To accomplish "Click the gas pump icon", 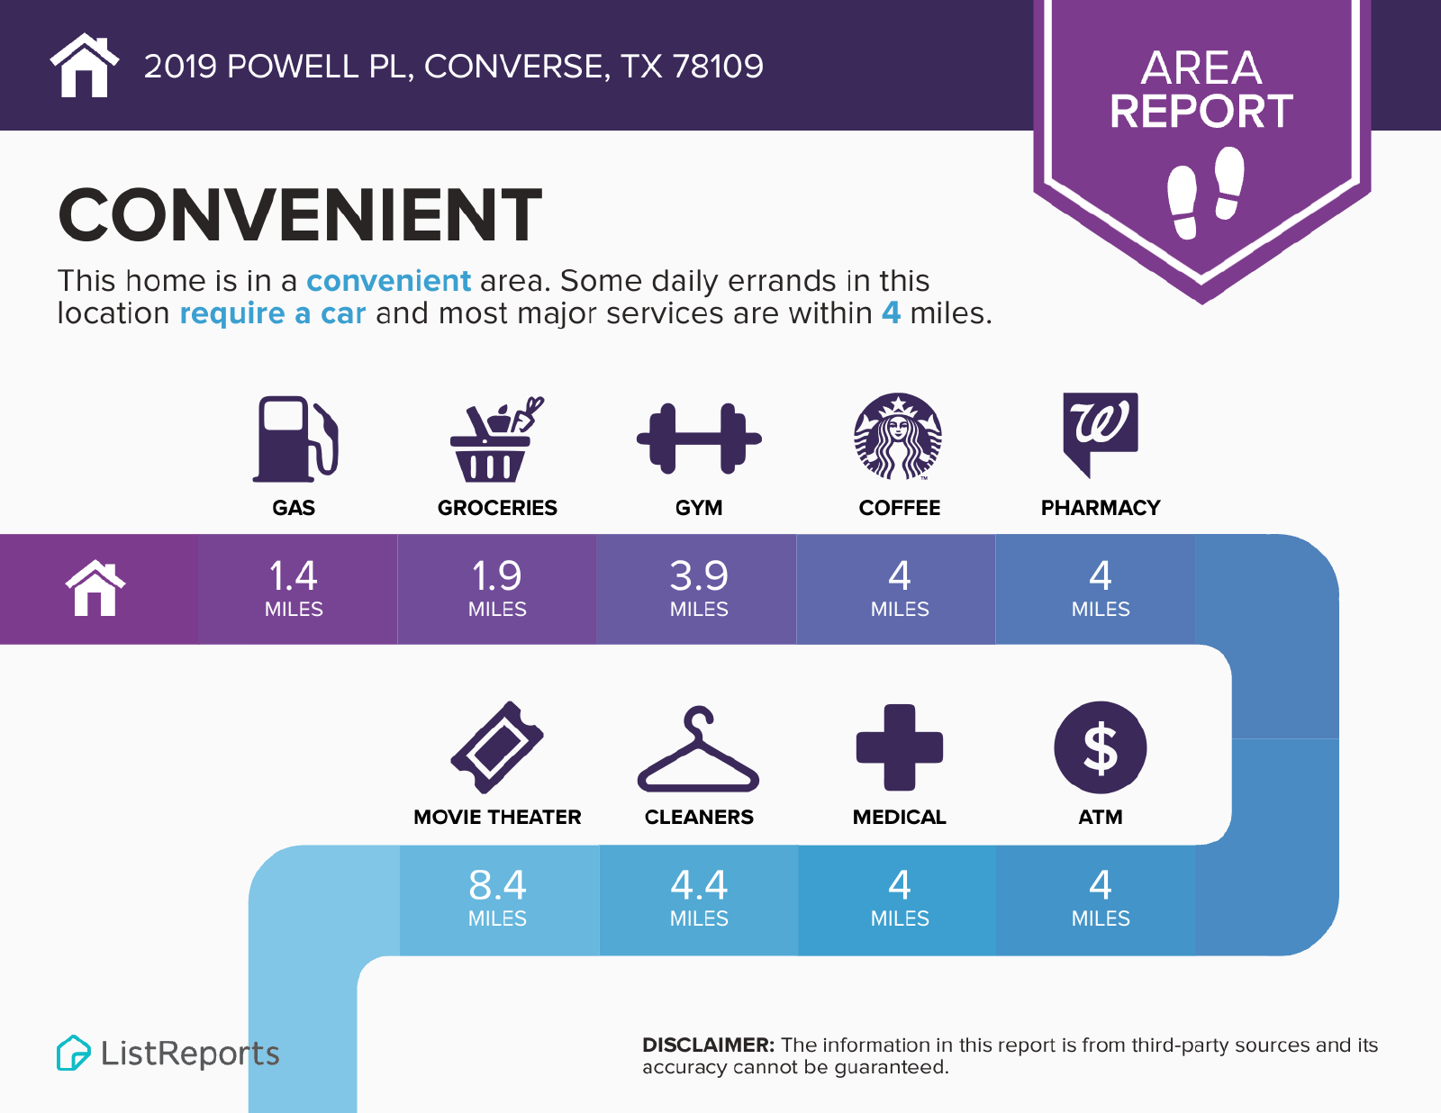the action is click(x=295, y=439).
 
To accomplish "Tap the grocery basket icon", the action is click(x=496, y=439).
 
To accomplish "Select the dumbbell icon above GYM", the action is click(x=699, y=439).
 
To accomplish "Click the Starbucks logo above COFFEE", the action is click(x=898, y=436).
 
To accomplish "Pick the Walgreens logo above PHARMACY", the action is click(x=1101, y=434).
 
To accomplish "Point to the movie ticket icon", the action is click(x=496, y=747).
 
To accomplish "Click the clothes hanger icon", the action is click(x=698, y=748).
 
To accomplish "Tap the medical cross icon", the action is click(x=899, y=747).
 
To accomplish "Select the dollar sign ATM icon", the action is click(x=1101, y=747).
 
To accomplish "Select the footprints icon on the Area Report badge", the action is click(x=1206, y=193).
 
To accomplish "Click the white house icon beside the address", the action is click(x=85, y=65).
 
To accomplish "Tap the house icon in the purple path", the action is click(x=95, y=588).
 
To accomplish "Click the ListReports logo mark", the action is click(x=73, y=1053).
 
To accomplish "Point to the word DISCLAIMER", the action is click(x=708, y=1045).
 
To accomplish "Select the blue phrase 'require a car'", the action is click(x=273, y=313).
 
